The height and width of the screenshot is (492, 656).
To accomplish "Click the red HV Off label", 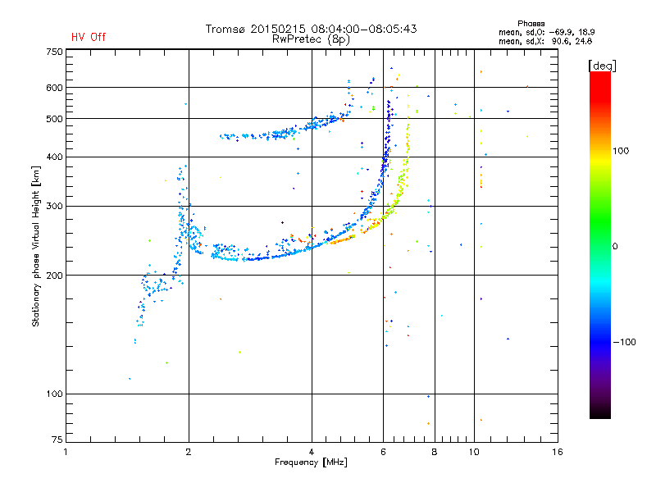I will pyautogui.click(x=88, y=37).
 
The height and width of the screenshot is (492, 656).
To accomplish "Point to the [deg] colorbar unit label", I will pyautogui.click(x=602, y=65).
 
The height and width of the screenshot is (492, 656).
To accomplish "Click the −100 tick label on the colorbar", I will pyautogui.click(x=625, y=342).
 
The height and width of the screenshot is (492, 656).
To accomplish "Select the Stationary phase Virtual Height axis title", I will pyautogui.click(x=36, y=246).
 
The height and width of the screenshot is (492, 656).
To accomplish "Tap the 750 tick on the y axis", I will pyautogui.click(x=53, y=52).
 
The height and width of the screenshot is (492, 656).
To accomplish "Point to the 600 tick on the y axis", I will pyautogui.click(x=53, y=88).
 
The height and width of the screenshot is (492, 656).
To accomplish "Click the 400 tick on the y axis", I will pyautogui.click(x=53, y=157).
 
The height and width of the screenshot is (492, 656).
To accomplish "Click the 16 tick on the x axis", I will pyautogui.click(x=558, y=452).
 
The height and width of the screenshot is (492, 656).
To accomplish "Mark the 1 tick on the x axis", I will pyautogui.click(x=66, y=452).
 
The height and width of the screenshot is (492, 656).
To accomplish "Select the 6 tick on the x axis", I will pyautogui.click(x=383, y=452).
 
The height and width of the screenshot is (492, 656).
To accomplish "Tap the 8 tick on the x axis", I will pyautogui.click(x=435, y=452).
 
